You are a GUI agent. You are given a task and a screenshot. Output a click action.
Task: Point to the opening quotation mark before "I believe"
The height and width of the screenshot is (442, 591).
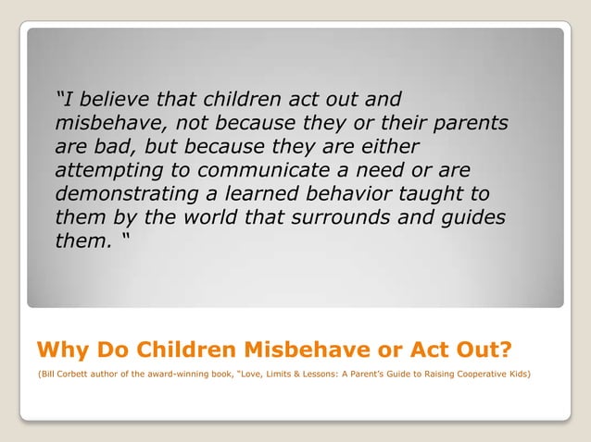pos(59,96)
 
